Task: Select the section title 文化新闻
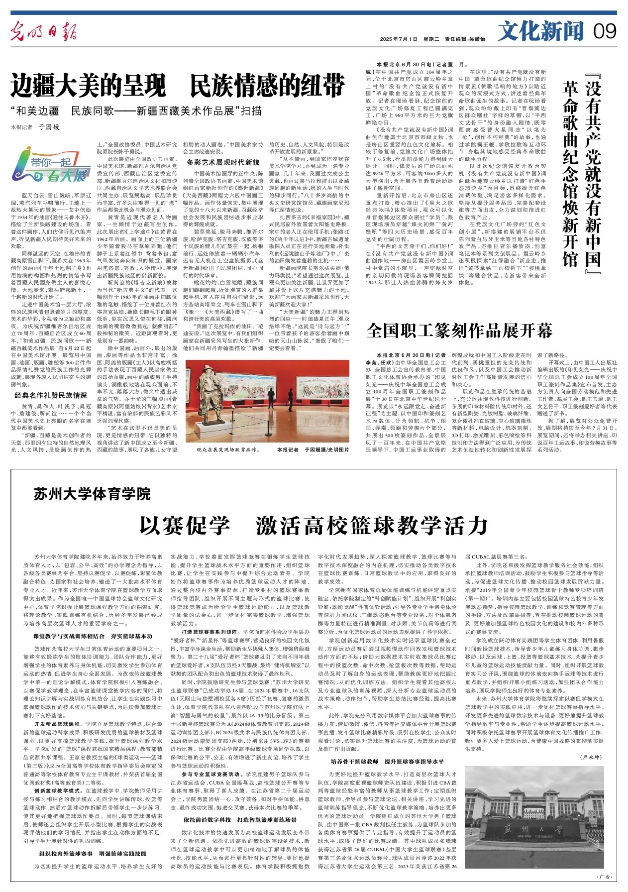pos(540,31)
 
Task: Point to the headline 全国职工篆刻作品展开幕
pos(459,330)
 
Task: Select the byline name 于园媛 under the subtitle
pos(50,127)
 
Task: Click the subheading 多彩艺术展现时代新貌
pos(223,162)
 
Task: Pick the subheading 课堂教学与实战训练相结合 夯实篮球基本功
pos(93,636)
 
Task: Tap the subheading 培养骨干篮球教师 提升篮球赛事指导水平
pos(387,762)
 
